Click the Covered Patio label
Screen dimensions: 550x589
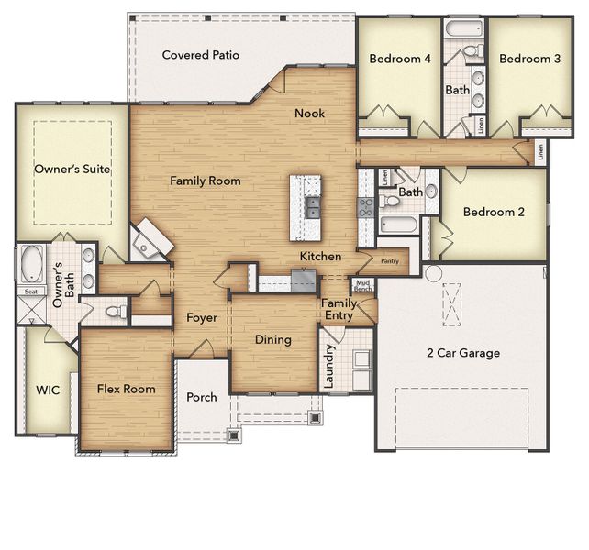[x=200, y=55]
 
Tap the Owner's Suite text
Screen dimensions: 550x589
[x=72, y=170]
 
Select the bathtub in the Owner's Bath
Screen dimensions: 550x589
[x=33, y=264]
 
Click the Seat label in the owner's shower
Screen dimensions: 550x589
[x=30, y=291]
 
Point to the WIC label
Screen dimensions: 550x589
[x=48, y=390]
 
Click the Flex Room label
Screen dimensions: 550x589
[x=126, y=389]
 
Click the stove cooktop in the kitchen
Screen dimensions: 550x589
[x=365, y=206]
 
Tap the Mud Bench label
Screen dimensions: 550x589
[x=363, y=285]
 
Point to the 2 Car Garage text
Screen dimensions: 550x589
[x=463, y=353]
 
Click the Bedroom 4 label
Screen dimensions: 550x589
[x=400, y=59]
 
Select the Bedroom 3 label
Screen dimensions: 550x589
[x=529, y=59]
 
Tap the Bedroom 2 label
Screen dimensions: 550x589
[x=494, y=212]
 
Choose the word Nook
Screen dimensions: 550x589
[x=309, y=113]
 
